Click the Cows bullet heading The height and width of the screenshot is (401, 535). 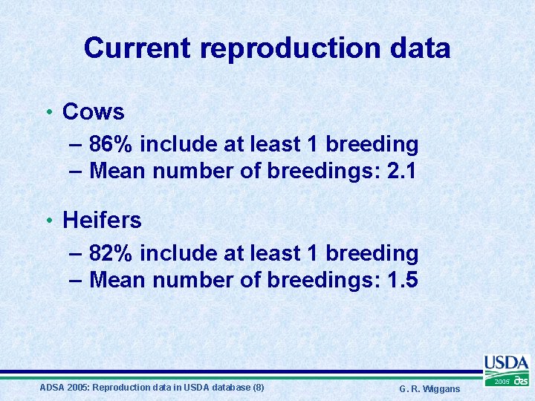pyautogui.click(x=93, y=111)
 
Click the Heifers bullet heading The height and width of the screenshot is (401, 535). pyautogui.click(x=102, y=220)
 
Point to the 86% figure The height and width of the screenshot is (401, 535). pyautogui.click(x=111, y=143)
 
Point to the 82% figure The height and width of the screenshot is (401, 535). pyautogui.click(x=111, y=253)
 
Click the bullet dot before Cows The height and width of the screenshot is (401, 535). pyautogui.click(x=48, y=112)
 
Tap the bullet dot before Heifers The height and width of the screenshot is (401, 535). pyautogui.click(x=48, y=221)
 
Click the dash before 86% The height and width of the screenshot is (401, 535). pyautogui.click(x=75, y=143)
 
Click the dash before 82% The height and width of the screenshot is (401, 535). pyautogui.click(x=75, y=253)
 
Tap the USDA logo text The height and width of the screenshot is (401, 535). pyautogui.click(x=506, y=363)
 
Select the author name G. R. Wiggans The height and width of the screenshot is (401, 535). pyautogui.click(x=429, y=389)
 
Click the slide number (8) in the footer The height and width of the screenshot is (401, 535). pyautogui.click(x=258, y=388)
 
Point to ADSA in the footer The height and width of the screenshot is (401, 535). pyautogui.click(x=51, y=388)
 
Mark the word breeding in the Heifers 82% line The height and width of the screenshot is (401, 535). pyautogui.click(x=372, y=253)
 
